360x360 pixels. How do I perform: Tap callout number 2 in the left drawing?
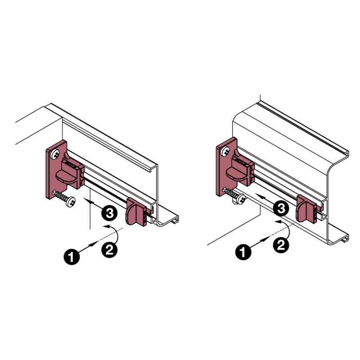109,249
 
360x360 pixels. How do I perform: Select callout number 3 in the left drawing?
109,212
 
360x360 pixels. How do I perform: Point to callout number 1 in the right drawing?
243,252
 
